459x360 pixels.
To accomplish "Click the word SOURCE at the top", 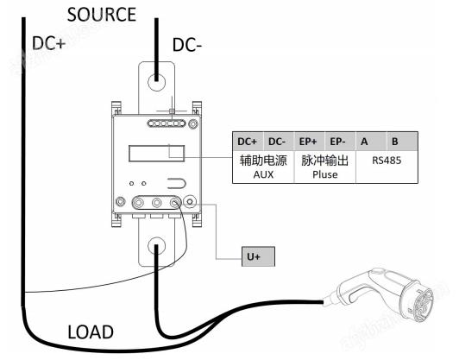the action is point(102,15).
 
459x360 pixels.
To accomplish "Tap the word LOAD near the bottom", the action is point(91,332).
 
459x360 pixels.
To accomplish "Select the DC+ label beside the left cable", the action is point(48,43).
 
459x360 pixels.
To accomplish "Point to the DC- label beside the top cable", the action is point(187,45).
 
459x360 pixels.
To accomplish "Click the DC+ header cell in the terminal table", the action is point(248,142).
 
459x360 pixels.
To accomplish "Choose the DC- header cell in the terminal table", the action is point(279,142).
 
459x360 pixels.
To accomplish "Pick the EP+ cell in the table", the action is point(309,142).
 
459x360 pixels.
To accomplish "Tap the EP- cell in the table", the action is point(340,142).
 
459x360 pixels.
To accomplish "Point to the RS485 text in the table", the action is point(387,161).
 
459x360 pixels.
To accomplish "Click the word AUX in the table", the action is point(263,174).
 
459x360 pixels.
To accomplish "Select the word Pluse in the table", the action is point(325,174).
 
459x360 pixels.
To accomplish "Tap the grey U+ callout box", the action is point(258,256).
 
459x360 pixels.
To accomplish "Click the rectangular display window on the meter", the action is point(157,153).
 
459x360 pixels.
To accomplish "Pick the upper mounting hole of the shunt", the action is point(157,82).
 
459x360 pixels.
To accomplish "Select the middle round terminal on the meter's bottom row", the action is point(157,202).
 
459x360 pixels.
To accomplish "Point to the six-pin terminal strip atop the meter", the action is point(167,123).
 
